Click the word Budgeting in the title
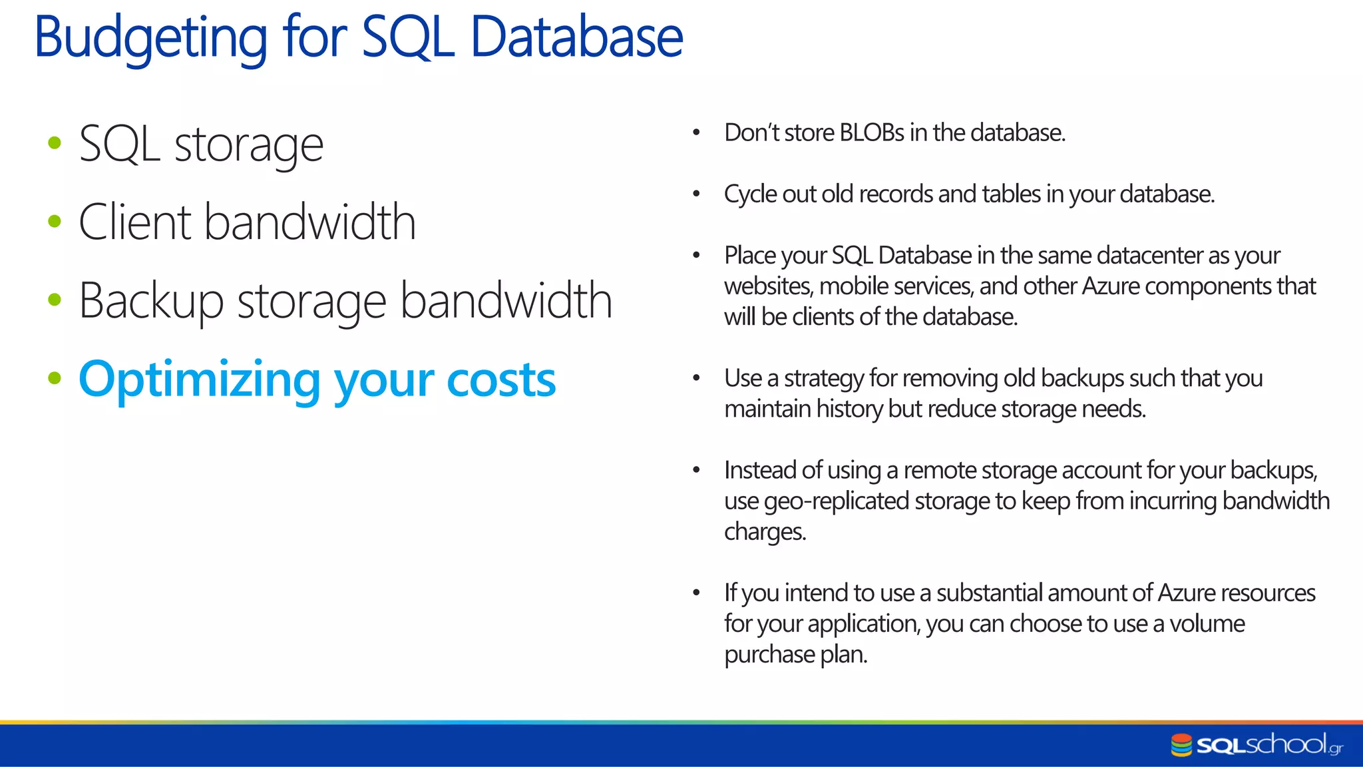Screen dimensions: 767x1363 (x=150, y=38)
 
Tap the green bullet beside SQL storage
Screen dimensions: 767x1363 (x=55, y=142)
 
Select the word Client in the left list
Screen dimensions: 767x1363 (x=136, y=222)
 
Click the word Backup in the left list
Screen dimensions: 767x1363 (x=150, y=301)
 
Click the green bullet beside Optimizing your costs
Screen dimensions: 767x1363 (x=55, y=378)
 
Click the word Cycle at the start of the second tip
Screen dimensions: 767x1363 (x=750, y=194)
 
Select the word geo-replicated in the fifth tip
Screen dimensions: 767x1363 (x=836, y=501)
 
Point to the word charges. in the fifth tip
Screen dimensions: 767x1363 (x=765, y=532)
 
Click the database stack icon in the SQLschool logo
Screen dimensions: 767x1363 (x=1181, y=745)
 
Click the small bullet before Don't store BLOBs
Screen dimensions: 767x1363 (x=696, y=132)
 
